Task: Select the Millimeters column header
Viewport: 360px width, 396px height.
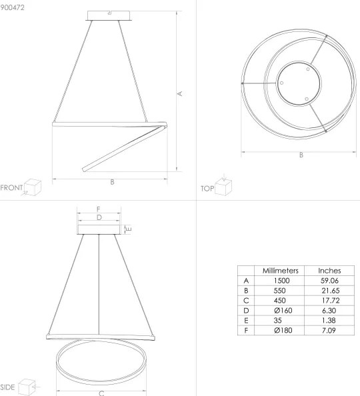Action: tap(280, 271)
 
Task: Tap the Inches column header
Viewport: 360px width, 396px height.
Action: tap(329, 271)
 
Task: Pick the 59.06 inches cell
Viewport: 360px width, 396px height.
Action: tap(329, 281)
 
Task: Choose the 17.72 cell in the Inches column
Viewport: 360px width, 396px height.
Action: tap(329, 301)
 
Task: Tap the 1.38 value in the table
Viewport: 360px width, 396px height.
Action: tap(329, 321)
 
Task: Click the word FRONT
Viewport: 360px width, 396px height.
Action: tap(11, 187)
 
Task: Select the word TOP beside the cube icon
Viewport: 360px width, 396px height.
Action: tap(207, 189)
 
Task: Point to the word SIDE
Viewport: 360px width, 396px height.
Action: tap(8, 387)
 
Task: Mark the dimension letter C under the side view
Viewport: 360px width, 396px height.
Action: tap(101, 393)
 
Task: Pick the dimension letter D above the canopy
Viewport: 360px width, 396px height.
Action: tap(99, 217)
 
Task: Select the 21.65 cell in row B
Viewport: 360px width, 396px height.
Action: tap(329, 291)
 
